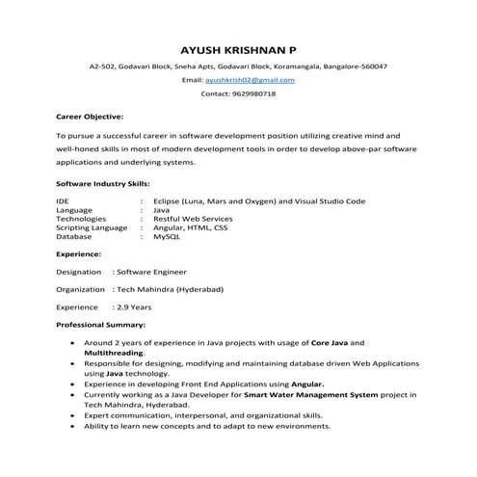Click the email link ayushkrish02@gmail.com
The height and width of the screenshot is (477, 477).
tap(257, 80)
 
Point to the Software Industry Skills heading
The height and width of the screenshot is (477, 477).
tap(103, 183)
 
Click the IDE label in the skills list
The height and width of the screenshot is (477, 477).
tap(64, 200)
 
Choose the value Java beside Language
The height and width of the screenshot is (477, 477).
tap(161, 209)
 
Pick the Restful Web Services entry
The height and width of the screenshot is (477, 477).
tap(192, 219)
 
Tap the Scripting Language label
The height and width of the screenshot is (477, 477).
tap(92, 227)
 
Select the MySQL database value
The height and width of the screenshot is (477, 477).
tap(166, 236)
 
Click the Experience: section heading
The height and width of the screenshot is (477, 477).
tap(79, 254)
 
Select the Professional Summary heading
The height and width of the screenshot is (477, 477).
tap(100, 325)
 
